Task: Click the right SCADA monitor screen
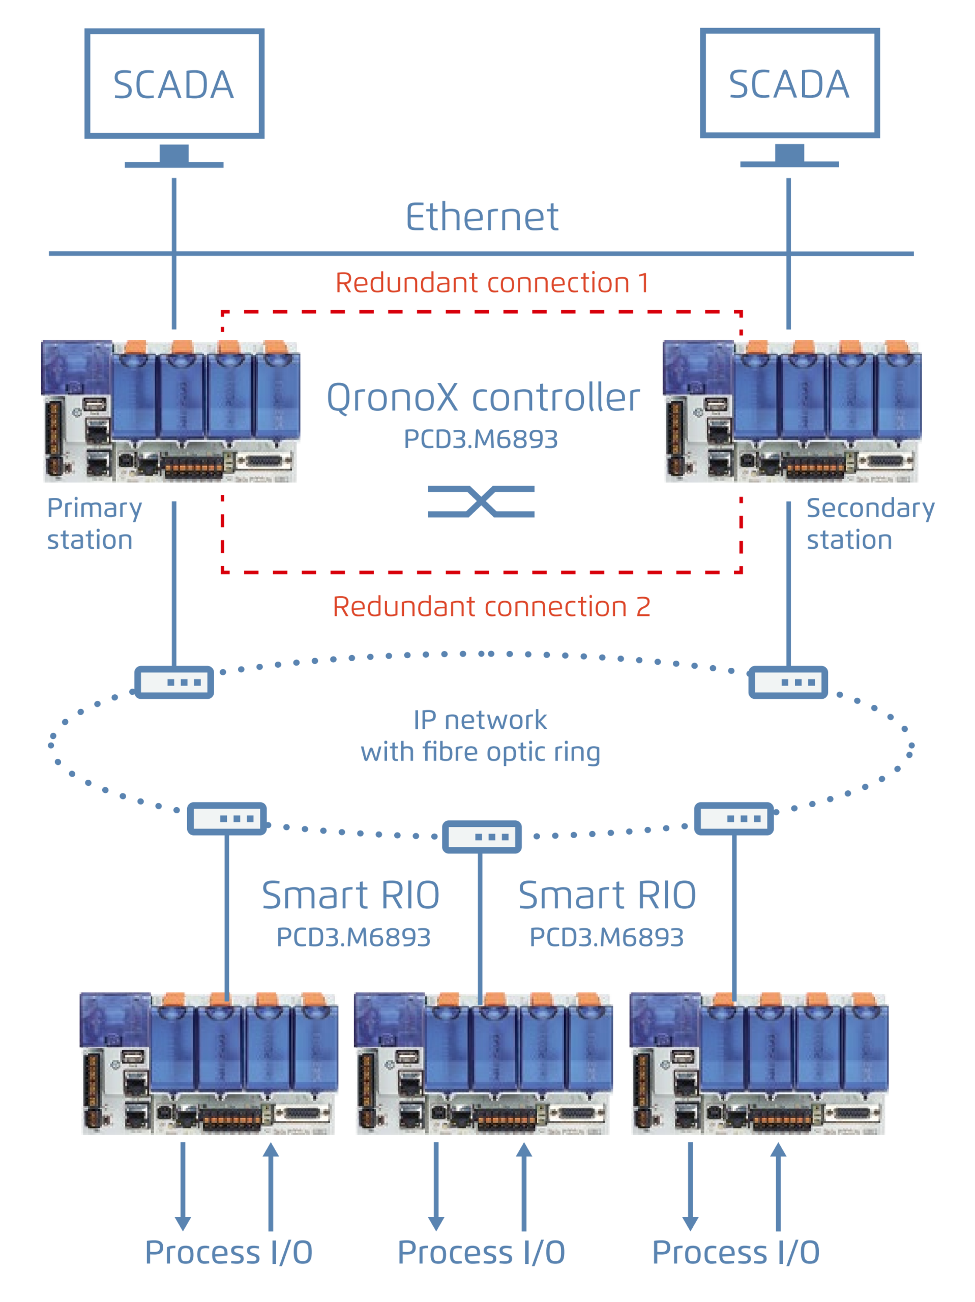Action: pyautogui.click(x=789, y=83)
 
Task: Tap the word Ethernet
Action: pyautogui.click(x=482, y=217)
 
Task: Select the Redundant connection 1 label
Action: pyautogui.click(x=492, y=283)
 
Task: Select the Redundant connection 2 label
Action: pyautogui.click(x=492, y=606)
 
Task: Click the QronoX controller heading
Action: pyautogui.click(x=483, y=397)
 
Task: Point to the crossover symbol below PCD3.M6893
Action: pyautogui.click(x=481, y=501)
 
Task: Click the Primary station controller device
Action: pyautogui.click(x=171, y=411)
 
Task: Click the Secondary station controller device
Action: pyautogui.click(x=792, y=411)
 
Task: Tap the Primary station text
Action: pyautogui.click(x=94, y=523)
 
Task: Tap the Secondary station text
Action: pyautogui.click(x=870, y=523)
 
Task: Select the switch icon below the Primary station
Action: pyautogui.click(x=174, y=682)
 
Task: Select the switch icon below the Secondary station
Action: pyautogui.click(x=788, y=682)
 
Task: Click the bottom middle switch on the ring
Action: pyautogui.click(x=482, y=837)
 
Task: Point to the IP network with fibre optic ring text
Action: pyautogui.click(x=481, y=736)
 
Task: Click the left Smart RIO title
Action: pyautogui.click(x=351, y=895)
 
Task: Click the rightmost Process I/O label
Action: pyautogui.click(x=735, y=1252)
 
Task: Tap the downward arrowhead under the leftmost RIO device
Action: pyautogui.click(x=183, y=1223)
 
